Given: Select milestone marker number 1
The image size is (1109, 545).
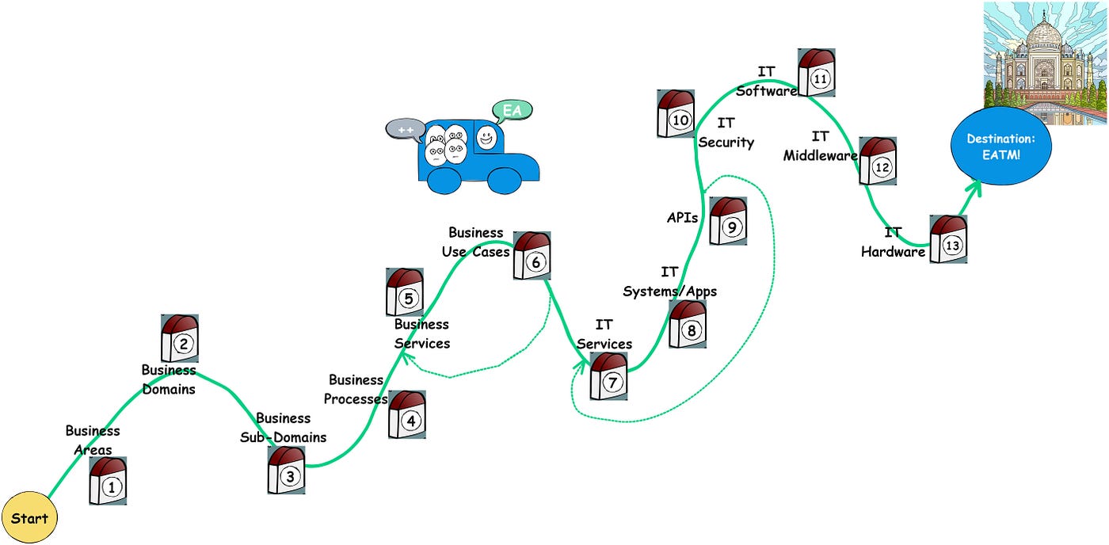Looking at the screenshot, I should tap(109, 482).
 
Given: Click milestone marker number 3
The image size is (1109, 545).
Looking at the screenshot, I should tap(286, 471).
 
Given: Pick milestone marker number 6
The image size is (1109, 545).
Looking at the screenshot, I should tap(532, 256).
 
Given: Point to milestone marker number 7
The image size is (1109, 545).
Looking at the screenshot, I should tap(608, 376).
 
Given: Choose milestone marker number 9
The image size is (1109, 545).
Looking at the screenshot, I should tap(728, 221).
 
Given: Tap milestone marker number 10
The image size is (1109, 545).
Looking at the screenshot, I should tap(676, 114).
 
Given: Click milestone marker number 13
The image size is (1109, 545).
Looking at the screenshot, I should tap(948, 239).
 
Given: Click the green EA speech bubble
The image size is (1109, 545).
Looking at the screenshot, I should tap(512, 111).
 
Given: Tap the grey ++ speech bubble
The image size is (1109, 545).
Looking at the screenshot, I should tap(405, 129).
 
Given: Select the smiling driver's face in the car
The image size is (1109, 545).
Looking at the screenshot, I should tap(486, 138).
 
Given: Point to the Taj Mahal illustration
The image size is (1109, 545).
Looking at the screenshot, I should tap(1045, 63).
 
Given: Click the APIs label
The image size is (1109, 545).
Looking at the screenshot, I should tap(682, 218).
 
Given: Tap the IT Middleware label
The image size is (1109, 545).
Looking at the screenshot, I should tap(820, 147).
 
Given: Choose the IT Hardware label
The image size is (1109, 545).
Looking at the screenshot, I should tap(893, 242).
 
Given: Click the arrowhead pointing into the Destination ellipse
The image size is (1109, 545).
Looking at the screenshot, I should tap(975, 186).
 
